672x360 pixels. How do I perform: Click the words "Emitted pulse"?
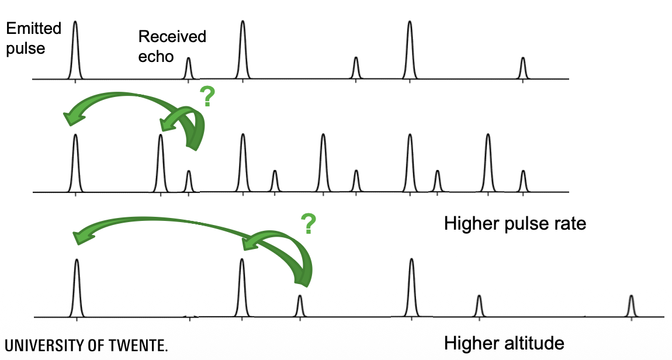[x=26, y=38]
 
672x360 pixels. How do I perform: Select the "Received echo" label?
[x=172, y=46]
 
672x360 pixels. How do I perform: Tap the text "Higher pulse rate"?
[x=515, y=224]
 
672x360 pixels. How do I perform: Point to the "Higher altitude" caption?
[x=504, y=343]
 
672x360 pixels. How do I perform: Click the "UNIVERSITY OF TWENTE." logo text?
[x=86, y=345]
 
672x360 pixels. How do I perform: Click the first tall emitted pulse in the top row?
[x=75, y=50]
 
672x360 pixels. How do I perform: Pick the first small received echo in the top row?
[x=188, y=68]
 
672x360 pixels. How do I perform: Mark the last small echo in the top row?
[x=523, y=68]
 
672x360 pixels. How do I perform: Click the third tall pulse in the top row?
[x=410, y=50]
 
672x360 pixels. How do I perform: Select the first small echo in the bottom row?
[x=300, y=306]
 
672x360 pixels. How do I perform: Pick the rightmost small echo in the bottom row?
[x=631, y=306]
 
